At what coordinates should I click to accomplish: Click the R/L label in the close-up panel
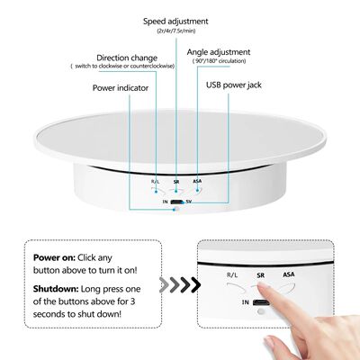[233, 274]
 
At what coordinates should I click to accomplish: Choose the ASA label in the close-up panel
[287, 273]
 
